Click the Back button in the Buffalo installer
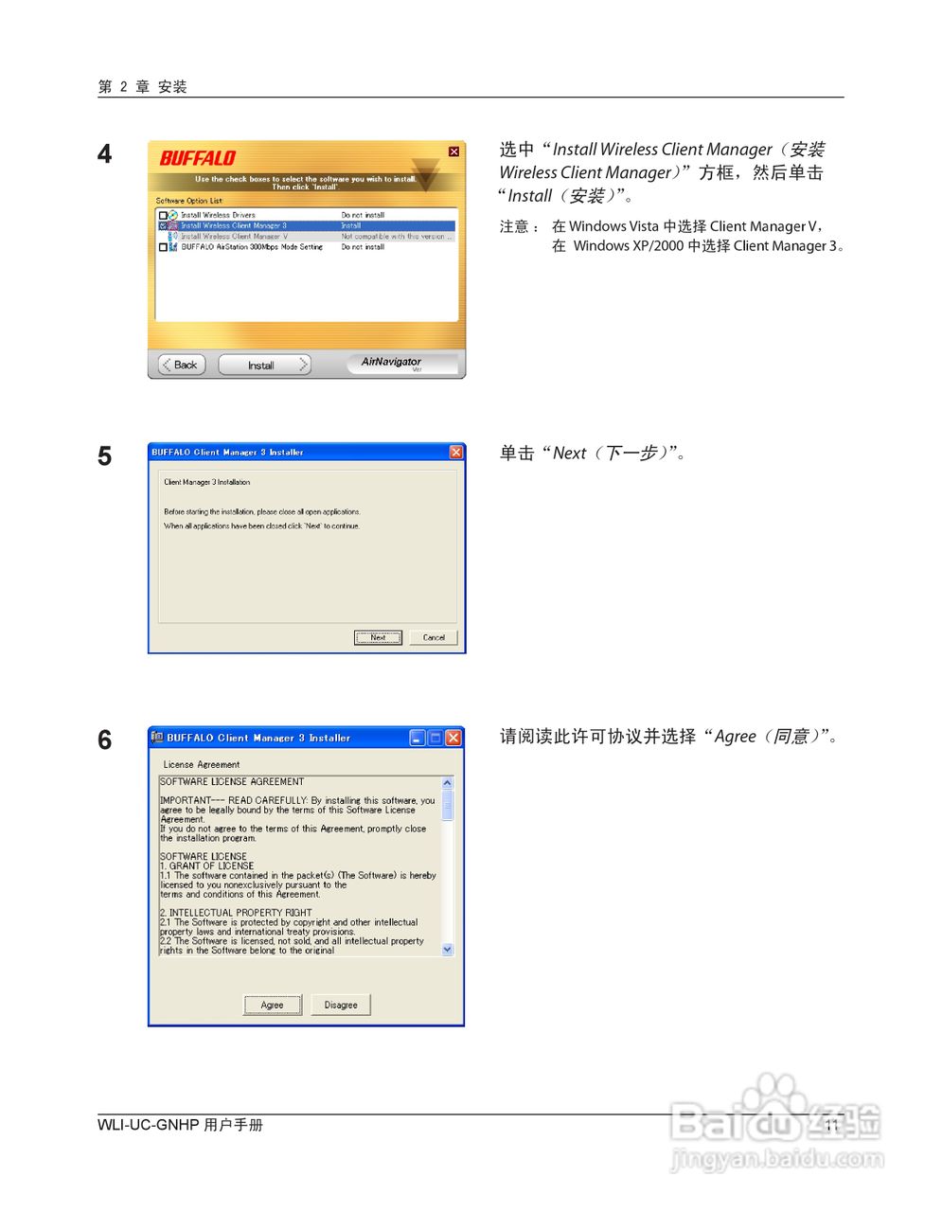point(182,365)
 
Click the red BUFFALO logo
point(197,158)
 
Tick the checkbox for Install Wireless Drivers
point(163,216)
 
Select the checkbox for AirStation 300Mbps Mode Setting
point(163,247)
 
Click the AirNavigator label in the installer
point(391,362)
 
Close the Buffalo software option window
point(453,151)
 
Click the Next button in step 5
point(378,637)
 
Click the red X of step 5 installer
point(456,452)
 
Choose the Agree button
point(273,1005)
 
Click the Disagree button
point(341,1005)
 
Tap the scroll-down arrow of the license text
point(448,949)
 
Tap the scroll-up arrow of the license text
point(448,783)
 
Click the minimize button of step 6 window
point(418,738)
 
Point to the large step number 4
point(105,153)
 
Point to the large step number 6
point(105,740)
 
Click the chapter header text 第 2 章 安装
point(143,87)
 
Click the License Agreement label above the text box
point(202,764)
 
